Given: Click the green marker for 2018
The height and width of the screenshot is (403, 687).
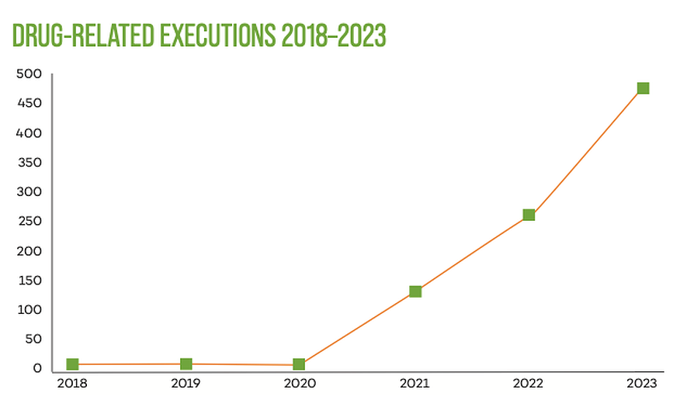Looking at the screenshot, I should point(72,364).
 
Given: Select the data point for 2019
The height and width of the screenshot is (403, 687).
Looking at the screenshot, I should point(186,364).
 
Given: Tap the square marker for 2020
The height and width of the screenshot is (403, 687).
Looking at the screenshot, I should point(299,364).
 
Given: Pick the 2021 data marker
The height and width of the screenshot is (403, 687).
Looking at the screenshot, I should point(415,291).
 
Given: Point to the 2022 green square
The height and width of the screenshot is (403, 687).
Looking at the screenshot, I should point(529,215).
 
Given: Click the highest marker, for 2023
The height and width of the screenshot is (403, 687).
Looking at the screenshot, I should point(643,88).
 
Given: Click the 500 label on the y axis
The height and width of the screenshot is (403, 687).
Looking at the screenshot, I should point(29,74).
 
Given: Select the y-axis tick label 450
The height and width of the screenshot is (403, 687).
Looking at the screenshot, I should point(29,104).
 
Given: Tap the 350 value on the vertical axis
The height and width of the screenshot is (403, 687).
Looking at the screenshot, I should point(29,163).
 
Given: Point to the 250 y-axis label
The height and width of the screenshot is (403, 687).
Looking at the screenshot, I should point(29,222).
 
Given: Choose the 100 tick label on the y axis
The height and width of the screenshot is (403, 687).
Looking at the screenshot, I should point(29,310).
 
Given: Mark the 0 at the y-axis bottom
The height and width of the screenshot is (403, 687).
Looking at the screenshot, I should point(36,369).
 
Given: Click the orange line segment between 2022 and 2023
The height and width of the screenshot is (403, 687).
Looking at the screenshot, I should point(586,152).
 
